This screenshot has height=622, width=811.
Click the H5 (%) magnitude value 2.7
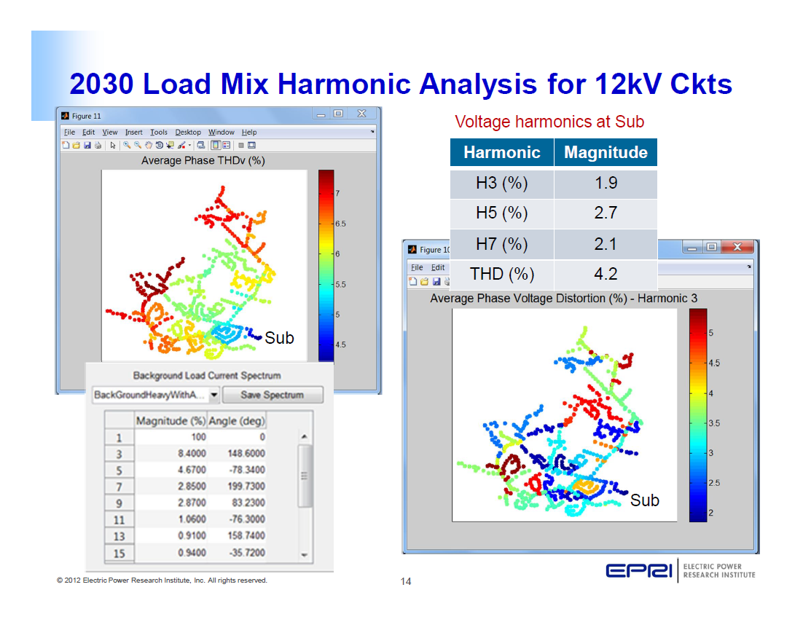[606, 213]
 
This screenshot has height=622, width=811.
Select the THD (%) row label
[501, 275]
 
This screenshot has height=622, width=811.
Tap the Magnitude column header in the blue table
[606, 152]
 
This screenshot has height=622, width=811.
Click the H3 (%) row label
[501, 184]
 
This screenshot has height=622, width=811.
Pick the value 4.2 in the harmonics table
[606, 275]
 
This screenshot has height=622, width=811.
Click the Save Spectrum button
[272, 395]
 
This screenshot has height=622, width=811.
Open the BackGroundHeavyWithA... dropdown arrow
[213, 395]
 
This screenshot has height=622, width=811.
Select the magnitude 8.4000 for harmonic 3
[191, 454]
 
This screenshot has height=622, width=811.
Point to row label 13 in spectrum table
[119, 536]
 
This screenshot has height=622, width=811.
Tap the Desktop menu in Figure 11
[188, 133]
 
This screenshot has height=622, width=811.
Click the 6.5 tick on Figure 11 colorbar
[340, 224]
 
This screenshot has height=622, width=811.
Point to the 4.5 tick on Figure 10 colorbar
[714, 363]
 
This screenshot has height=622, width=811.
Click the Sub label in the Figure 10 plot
[644, 500]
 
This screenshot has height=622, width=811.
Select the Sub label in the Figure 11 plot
[279, 338]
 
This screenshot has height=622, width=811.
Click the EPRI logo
[639, 571]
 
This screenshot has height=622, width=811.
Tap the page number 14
[406, 581]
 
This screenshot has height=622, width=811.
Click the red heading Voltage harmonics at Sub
[549, 122]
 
